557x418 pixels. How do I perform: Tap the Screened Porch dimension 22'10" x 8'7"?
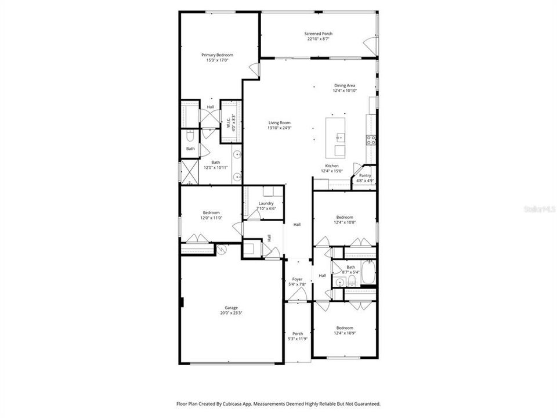(319, 39)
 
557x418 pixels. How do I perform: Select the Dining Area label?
(344, 85)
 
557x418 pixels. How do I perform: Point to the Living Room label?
(279, 122)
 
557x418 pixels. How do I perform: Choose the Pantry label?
(365, 175)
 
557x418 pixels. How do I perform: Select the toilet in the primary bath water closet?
(190, 136)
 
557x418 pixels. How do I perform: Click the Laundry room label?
(266, 203)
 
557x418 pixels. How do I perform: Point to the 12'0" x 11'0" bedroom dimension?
(211, 218)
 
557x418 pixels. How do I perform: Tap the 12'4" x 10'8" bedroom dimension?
(345, 222)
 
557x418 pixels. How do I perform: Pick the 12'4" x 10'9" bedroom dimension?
(345, 333)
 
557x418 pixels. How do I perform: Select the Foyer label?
(297, 279)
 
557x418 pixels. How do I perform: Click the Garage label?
(232, 308)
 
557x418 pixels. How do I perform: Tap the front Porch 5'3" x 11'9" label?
(297, 333)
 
